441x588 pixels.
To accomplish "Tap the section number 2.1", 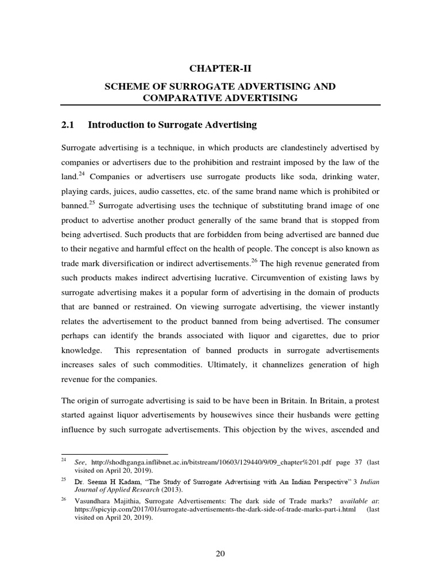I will click(x=69, y=125).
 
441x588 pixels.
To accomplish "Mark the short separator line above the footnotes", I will click(x=114, y=453).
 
